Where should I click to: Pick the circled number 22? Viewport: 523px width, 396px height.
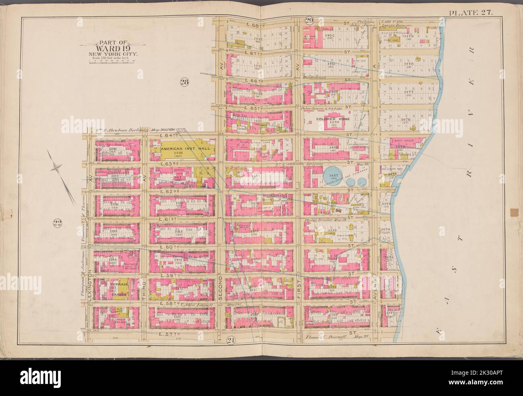(56, 223)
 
